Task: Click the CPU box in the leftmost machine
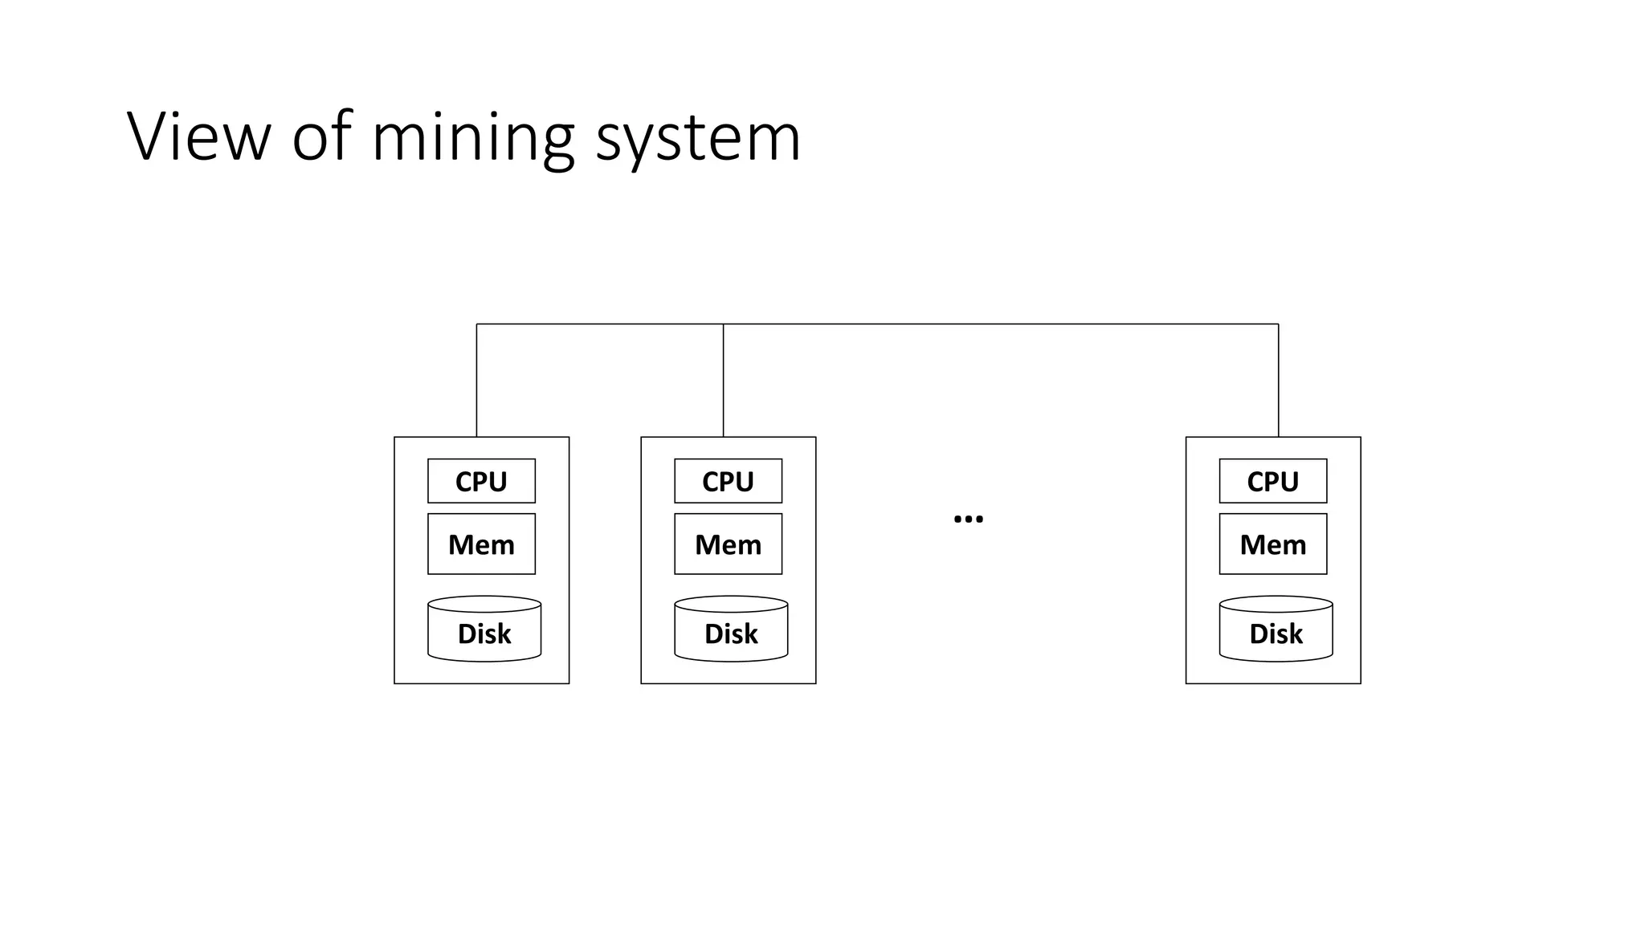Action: [481, 481]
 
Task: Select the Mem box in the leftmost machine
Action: [481, 544]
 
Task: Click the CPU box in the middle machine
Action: [728, 481]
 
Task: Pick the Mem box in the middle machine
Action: [728, 544]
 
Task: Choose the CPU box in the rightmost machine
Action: [1272, 481]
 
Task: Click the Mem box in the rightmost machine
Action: [1272, 544]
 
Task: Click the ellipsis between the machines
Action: [968, 519]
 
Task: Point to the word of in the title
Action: [321, 137]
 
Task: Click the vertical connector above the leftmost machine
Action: [476, 381]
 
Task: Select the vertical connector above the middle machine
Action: [723, 381]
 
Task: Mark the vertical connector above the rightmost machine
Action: [1278, 381]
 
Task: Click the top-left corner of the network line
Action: [476, 324]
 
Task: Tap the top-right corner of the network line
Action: [1278, 324]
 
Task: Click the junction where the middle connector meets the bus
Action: [723, 324]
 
